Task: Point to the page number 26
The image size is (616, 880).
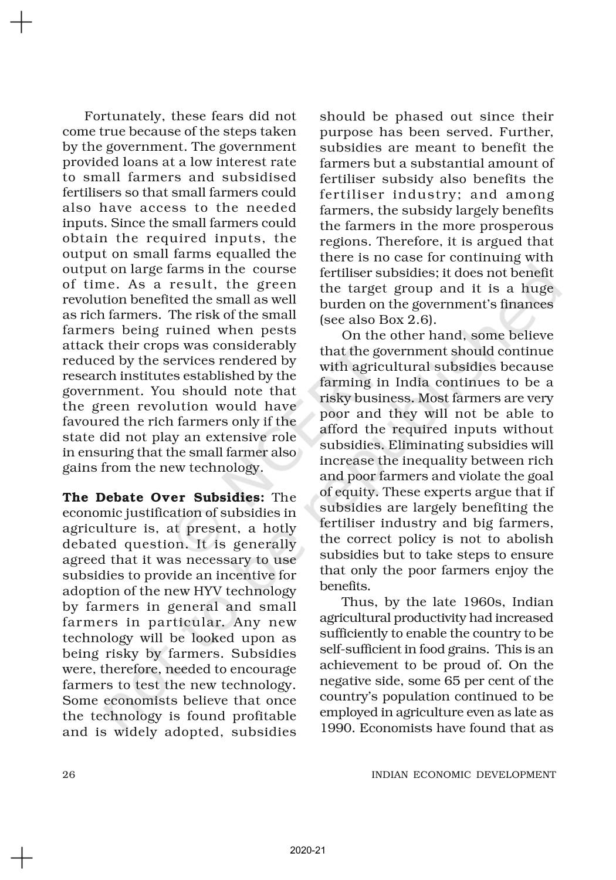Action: click(x=69, y=774)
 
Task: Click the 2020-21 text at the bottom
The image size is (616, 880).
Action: click(x=307, y=850)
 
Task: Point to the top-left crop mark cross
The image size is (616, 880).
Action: click(x=21, y=23)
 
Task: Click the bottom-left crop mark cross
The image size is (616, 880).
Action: click(x=21, y=858)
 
